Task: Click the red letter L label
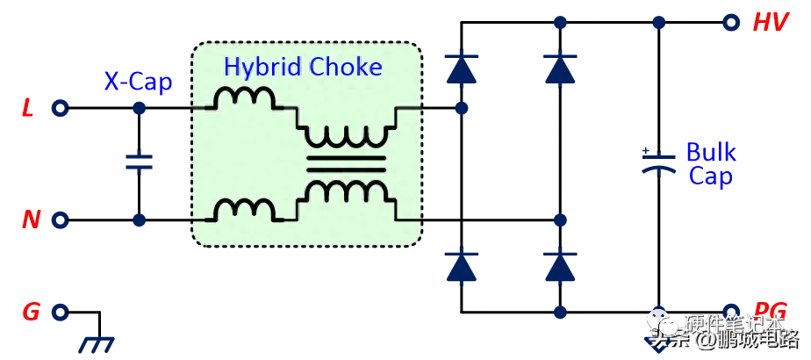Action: pos(28,110)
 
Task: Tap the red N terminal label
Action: pos(31,220)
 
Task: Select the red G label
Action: pos(31,312)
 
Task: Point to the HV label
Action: pos(770,23)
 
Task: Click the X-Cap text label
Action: pos(138,82)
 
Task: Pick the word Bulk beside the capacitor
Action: pos(711,153)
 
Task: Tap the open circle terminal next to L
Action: pos(60,109)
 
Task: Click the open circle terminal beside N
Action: pos(60,220)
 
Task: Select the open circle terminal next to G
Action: pos(60,312)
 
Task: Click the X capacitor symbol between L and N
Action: pos(139,162)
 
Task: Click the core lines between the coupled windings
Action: pos(345,162)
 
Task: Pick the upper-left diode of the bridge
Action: pos(459,69)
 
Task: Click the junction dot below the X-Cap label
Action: pos(139,109)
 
